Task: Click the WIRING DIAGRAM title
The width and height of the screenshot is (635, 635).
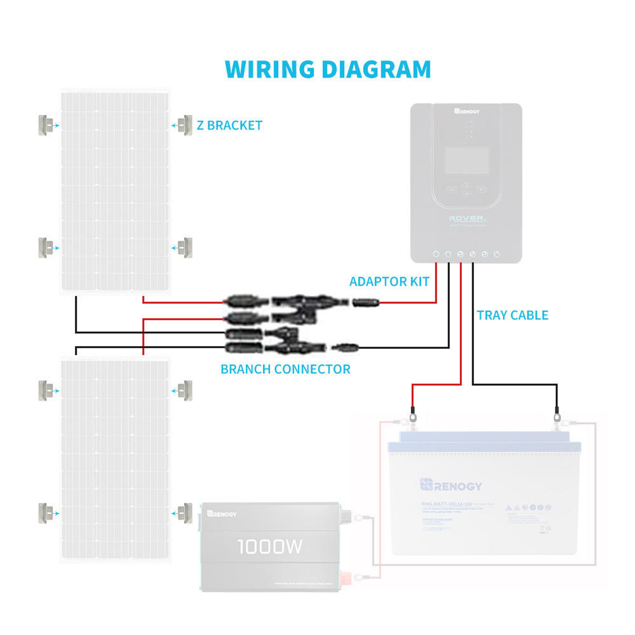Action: click(x=328, y=69)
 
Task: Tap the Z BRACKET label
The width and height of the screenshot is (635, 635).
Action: click(x=229, y=126)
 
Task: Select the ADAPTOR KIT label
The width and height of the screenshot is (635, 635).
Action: click(x=389, y=282)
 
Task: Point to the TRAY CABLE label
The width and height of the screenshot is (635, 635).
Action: click(x=512, y=316)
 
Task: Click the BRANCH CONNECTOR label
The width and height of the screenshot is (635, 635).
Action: click(x=285, y=370)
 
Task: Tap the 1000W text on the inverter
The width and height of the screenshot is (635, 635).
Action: click(x=270, y=547)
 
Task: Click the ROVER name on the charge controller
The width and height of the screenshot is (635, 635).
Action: click(x=467, y=218)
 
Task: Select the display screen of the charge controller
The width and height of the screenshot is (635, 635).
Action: click(x=467, y=160)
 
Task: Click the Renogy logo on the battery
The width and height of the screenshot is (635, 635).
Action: click(x=451, y=485)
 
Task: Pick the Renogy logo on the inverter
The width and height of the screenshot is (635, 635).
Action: click(x=222, y=514)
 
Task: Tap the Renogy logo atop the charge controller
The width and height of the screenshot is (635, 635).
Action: click(x=467, y=111)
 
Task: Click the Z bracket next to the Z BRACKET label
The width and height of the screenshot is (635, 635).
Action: click(x=186, y=125)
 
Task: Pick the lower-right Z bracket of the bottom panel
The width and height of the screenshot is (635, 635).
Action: click(x=186, y=513)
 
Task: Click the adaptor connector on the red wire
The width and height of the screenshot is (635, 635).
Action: click(x=366, y=302)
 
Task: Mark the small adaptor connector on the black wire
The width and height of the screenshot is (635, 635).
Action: click(x=345, y=348)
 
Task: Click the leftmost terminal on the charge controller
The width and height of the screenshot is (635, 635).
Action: click(x=436, y=254)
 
